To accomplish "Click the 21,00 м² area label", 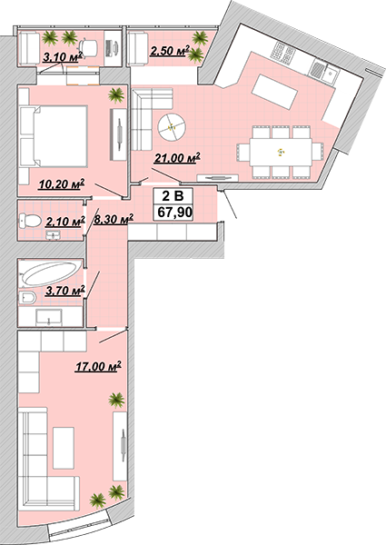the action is (x=177, y=158).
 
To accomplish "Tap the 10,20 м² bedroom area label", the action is (x=62, y=183).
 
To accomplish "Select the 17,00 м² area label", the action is (x=98, y=366).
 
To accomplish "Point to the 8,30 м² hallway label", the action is (x=114, y=219).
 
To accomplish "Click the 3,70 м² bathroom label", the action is (x=65, y=290).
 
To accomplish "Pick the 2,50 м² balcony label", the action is (x=170, y=51).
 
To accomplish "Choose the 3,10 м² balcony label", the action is (x=63, y=56).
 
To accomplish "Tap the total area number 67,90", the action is (x=174, y=212).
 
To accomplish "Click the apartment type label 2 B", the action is (x=173, y=196).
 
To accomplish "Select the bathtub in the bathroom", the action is (x=51, y=273).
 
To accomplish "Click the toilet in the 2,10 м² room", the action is (x=31, y=221).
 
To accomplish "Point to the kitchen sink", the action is (x=331, y=74).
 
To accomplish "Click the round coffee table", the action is (x=172, y=126).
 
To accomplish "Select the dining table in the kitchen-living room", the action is (x=281, y=153).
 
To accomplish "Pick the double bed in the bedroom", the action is (x=54, y=136).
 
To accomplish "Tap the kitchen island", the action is (x=274, y=92).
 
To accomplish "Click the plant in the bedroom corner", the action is (x=115, y=94).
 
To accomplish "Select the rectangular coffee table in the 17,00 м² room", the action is (x=64, y=448).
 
